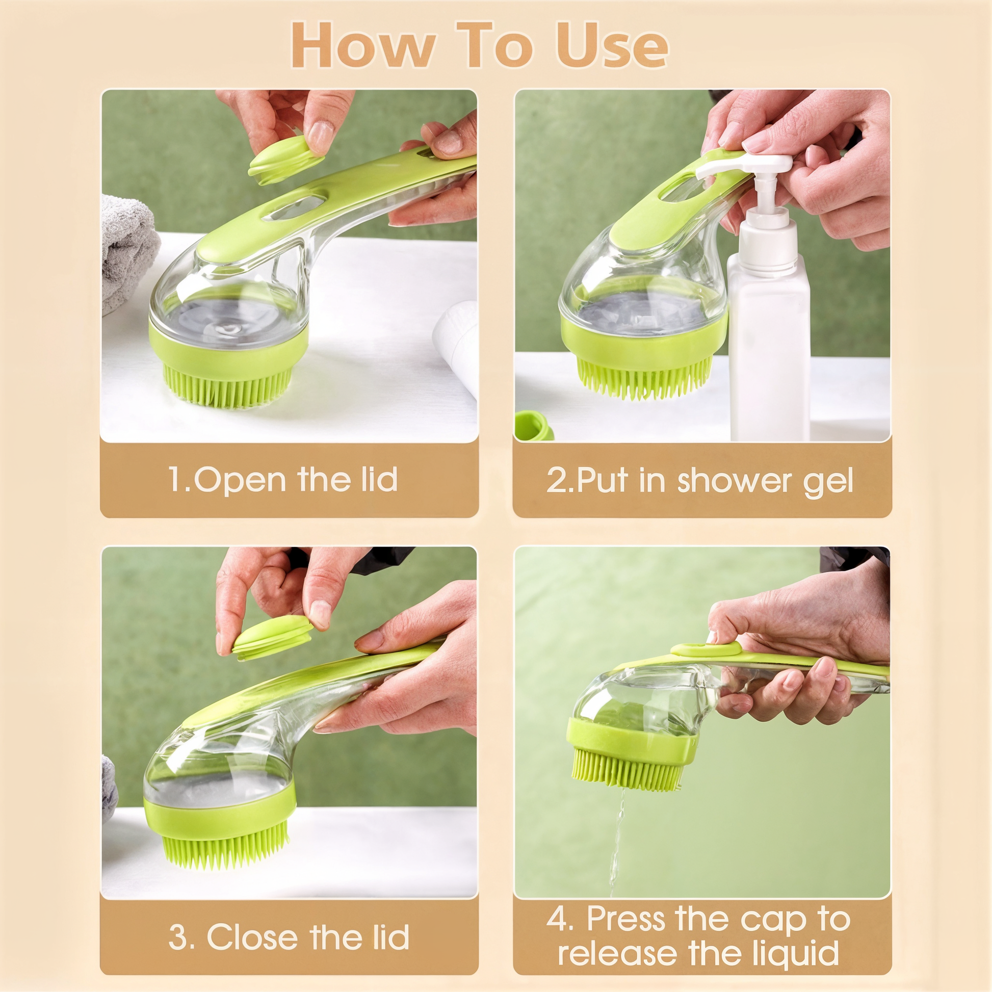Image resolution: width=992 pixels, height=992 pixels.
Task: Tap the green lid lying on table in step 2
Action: point(534,425)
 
